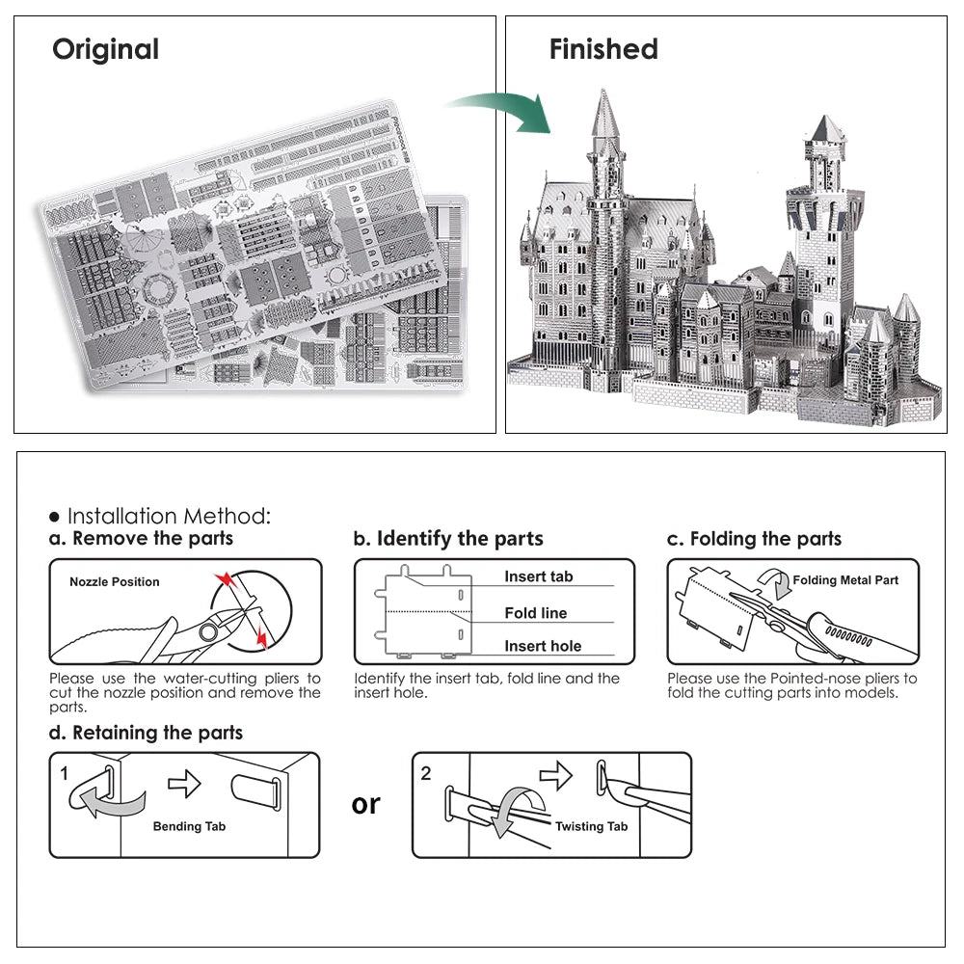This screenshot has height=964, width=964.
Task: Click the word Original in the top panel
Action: tap(105, 49)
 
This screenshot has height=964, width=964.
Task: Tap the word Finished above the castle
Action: tap(603, 49)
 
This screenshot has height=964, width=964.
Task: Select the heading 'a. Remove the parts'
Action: tap(142, 539)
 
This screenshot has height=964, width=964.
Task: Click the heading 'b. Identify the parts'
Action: tap(448, 539)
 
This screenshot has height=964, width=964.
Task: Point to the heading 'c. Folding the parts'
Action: tap(754, 539)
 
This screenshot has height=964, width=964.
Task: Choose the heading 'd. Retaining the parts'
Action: tap(147, 733)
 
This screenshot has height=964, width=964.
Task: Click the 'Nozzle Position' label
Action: tap(115, 582)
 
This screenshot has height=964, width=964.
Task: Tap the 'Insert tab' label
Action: tap(539, 576)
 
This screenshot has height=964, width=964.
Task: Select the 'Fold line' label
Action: tap(536, 613)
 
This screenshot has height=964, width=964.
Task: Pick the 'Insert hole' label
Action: tap(543, 647)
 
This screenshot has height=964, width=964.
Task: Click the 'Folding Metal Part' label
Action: tap(845, 580)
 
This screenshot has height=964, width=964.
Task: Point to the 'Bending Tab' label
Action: tap(190, 826)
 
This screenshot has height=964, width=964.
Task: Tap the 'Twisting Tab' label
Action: tap(591, 826)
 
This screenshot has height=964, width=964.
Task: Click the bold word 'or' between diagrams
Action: tap(366, 804)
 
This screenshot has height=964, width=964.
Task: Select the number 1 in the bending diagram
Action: tap(64, 773)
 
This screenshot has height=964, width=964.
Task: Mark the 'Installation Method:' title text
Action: tap(169, 517)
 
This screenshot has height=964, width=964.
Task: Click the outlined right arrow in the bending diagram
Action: tap(184, 784)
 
